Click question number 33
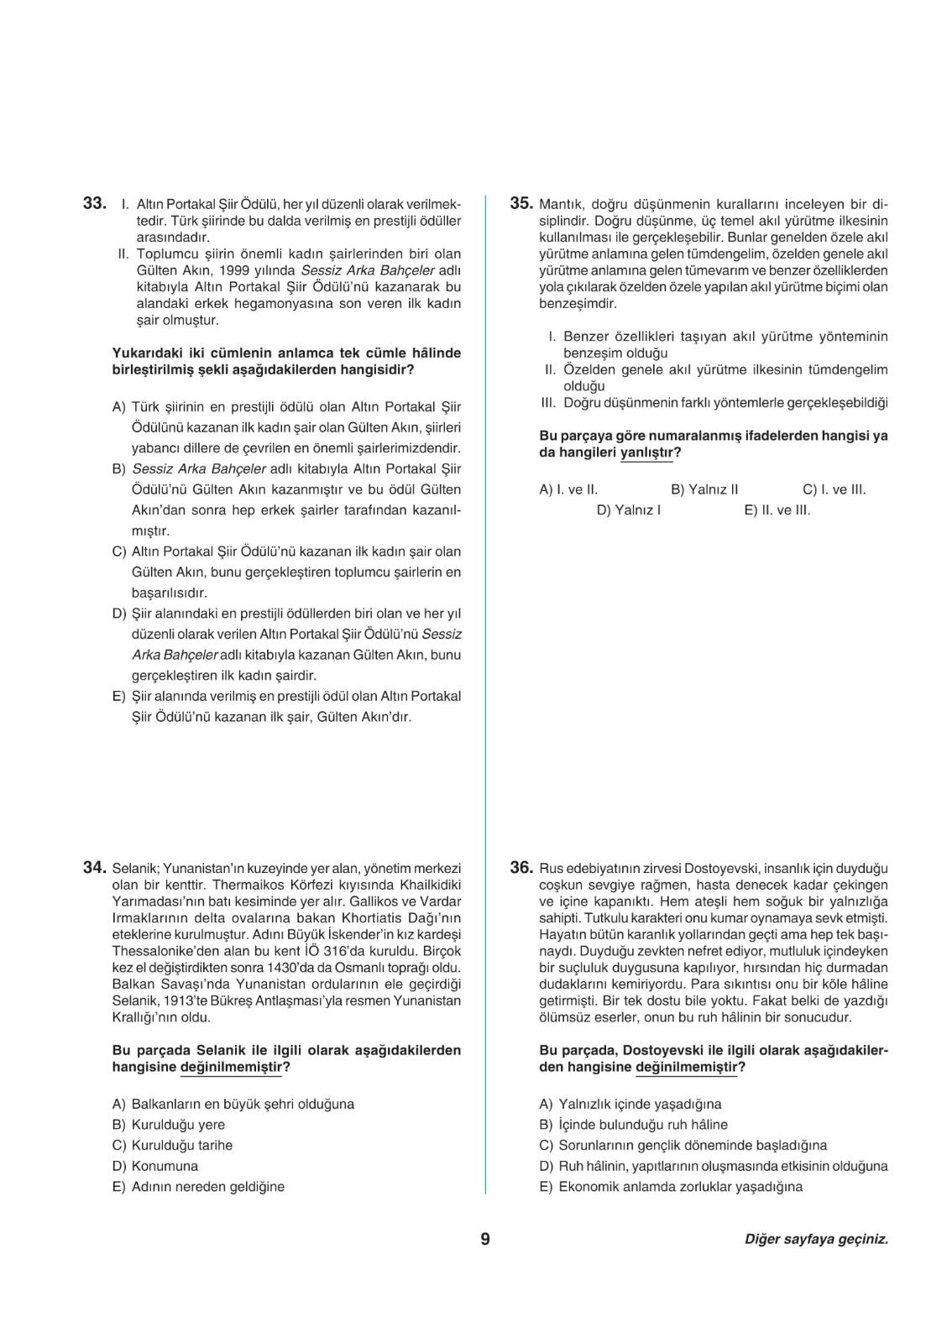(x=93, y=203)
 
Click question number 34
(x=93, y=868)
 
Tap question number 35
(x=521, y=203)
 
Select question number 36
(x=521, y=868)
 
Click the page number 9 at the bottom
(x=485, y=1239)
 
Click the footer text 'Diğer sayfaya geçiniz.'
(x=816, y=1239)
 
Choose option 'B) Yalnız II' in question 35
(x=704, y=489)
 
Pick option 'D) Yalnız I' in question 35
(x=628, y=510)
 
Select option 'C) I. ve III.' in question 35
(x=834, y=489)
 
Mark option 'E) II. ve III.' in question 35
(x=777, y=510)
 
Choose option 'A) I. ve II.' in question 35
(x=568, y=489)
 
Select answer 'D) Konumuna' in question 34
(x=155, y=1166)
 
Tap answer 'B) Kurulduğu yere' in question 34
(x=168, y=1125)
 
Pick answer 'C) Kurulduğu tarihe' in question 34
(x=172, y=1145)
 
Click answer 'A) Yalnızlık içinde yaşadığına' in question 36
(x=630, y=1104)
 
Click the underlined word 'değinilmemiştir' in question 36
(x=686, y=1068)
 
